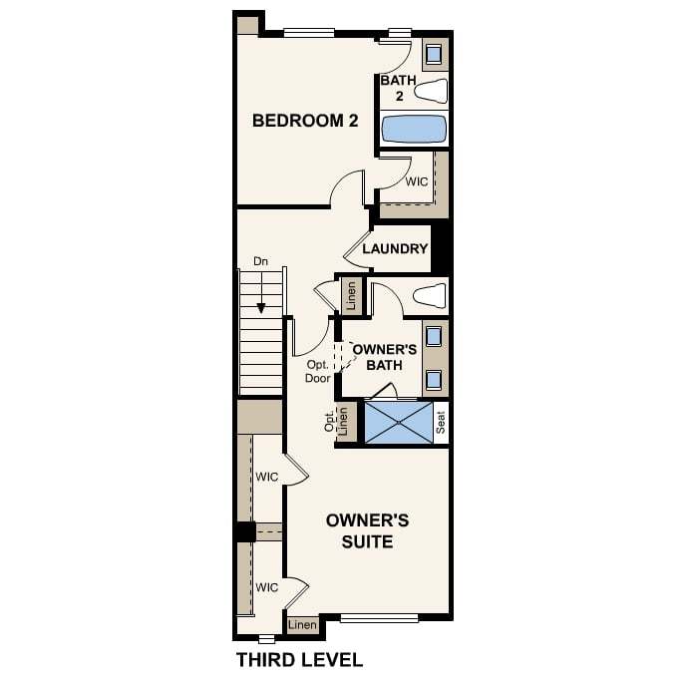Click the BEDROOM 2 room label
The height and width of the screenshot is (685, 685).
click(305, 121)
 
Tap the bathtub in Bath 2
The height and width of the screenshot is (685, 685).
click(414, 129)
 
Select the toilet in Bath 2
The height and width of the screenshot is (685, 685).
click(431, 91)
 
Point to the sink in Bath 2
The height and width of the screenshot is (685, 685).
click(434, 55)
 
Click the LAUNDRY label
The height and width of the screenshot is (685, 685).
click(395, 248)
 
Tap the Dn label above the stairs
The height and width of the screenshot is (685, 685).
click(260, 261)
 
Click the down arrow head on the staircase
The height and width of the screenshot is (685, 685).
click(261, 308)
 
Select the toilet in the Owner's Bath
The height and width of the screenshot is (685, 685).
click(431, 295)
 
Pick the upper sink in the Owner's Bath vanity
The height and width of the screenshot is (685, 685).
click(434, 336)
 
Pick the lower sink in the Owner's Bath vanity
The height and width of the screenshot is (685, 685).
click(434, 380)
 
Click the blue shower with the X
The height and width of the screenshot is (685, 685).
click(399, 423)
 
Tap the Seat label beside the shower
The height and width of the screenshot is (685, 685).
click(441, 423)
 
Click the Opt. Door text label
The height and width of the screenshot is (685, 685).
click(318, 371)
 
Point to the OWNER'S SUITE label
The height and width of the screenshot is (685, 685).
click(367, 530)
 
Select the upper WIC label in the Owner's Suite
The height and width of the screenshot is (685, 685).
click(267, 477)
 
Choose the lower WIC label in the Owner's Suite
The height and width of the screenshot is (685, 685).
click(267, 587)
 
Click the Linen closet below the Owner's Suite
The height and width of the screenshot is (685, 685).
click(302, 625)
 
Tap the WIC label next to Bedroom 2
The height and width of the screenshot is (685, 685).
click(417, 181)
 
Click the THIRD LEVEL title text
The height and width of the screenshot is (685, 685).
click(300, 660)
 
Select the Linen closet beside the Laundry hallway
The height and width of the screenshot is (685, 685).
click(351, 295)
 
